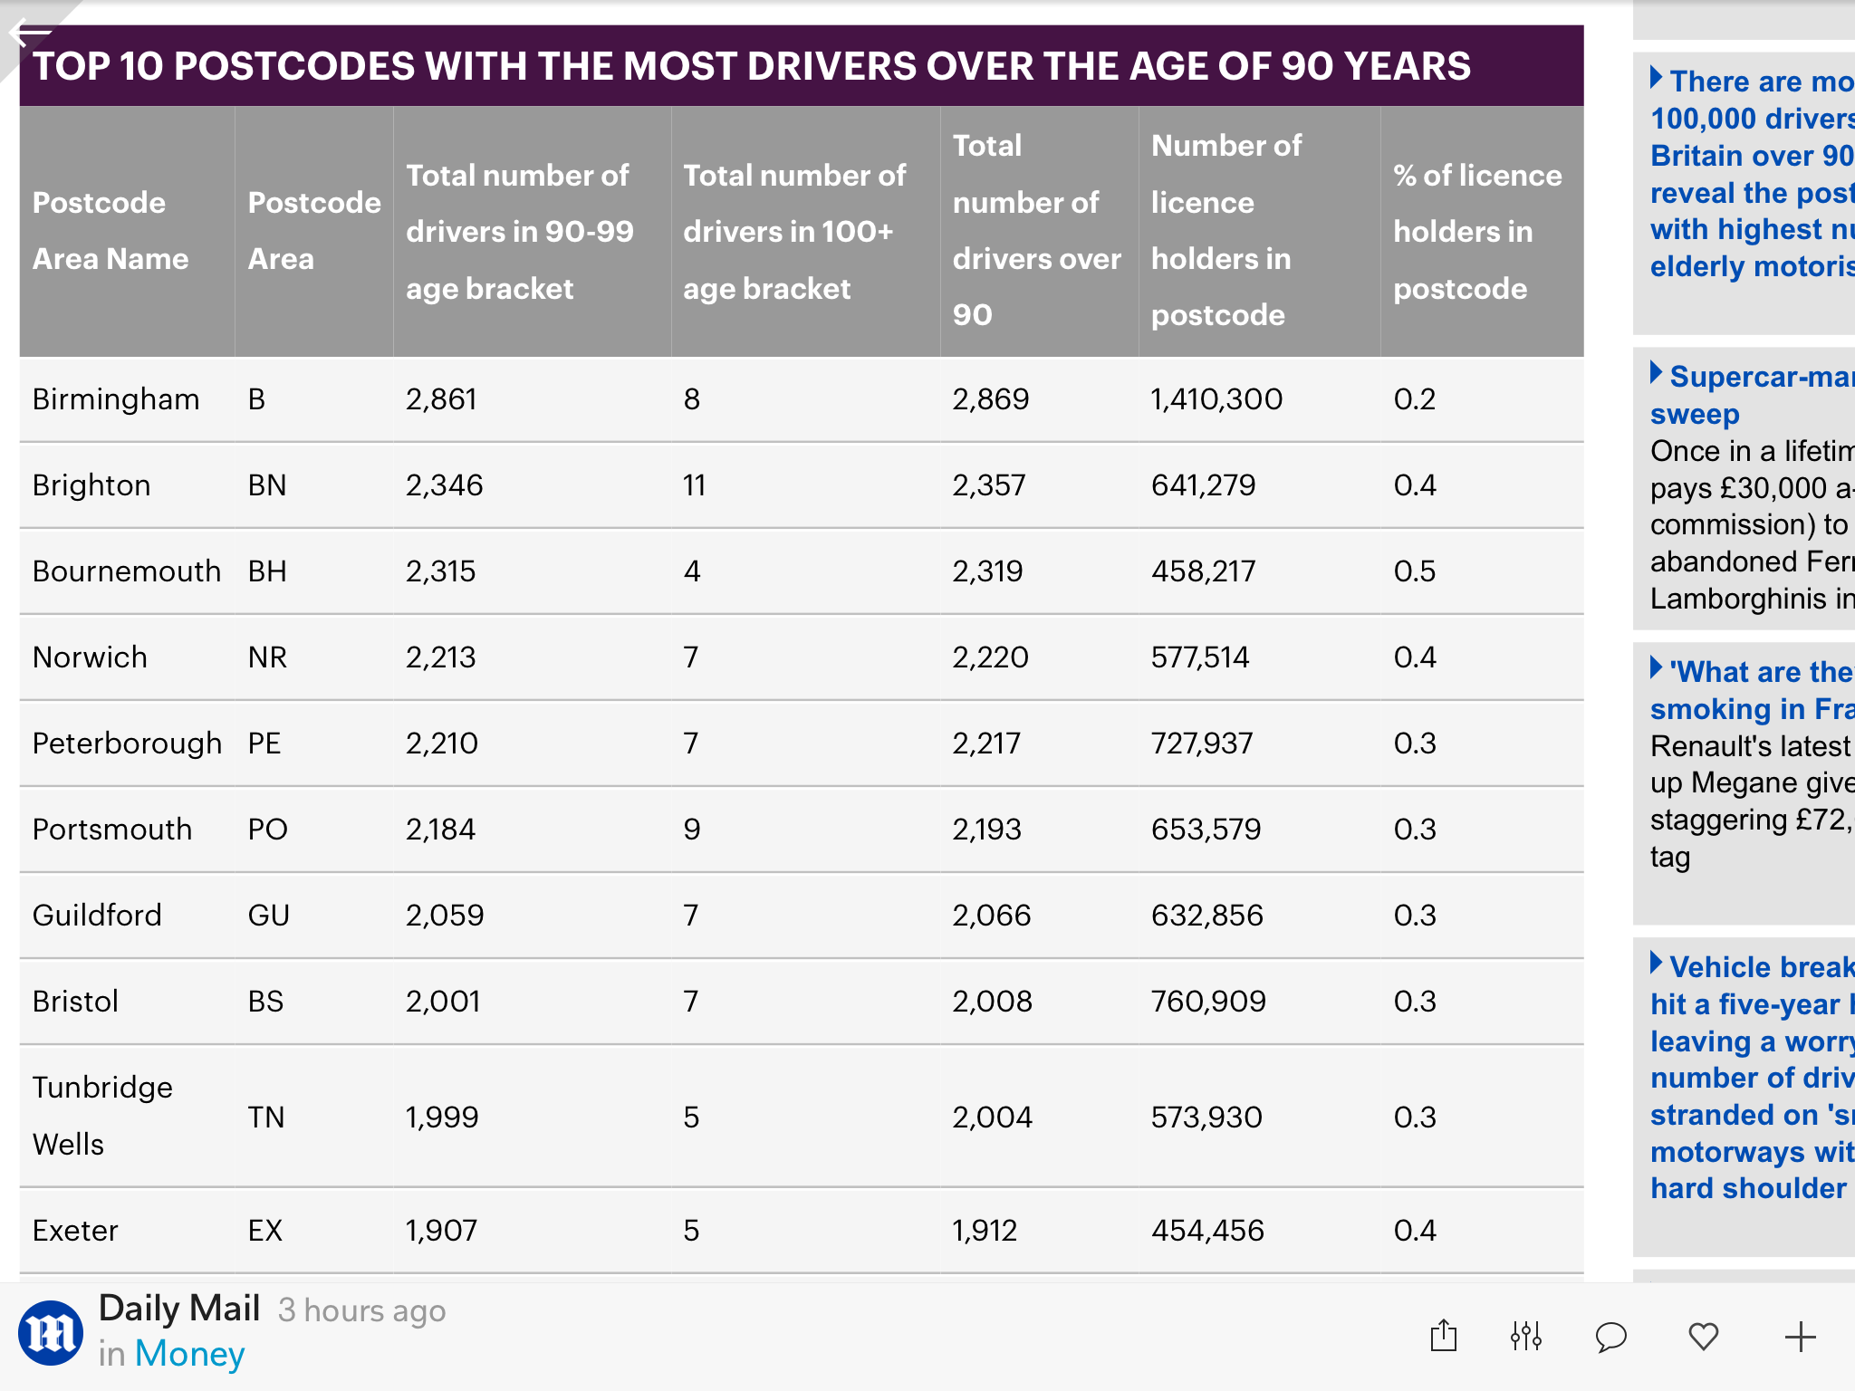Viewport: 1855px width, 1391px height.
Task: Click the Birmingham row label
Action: coord(116,399)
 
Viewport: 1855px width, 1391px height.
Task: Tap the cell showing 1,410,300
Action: coord(1216,399)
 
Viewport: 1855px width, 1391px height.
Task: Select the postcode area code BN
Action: coord(267,485)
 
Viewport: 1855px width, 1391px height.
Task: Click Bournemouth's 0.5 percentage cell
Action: coord(1415,571)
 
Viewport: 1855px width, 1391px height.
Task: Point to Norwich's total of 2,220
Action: coord(990,657)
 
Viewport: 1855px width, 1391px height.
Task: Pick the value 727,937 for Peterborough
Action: coord(1202,743)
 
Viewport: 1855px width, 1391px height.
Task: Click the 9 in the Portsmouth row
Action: coord(692,830)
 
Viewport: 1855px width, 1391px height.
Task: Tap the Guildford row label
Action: coord(97,916)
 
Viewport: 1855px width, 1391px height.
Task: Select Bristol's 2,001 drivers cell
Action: coord(443,1002)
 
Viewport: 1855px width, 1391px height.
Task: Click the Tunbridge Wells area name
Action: coord(102,1116)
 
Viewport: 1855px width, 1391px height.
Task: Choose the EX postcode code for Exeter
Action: coord(265,1231)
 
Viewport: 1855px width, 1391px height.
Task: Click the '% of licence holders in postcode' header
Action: coord(1477,232)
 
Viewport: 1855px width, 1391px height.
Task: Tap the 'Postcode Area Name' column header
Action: coord(111,231)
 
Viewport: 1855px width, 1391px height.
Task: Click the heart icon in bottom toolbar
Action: coord(1704,1337)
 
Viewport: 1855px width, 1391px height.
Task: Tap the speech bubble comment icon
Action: coord(1611,1337)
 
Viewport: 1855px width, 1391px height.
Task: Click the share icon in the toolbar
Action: coord(1444,1337)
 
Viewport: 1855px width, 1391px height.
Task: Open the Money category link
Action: coord(189,1354)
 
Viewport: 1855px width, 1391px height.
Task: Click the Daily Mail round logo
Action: coord(51,1333)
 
